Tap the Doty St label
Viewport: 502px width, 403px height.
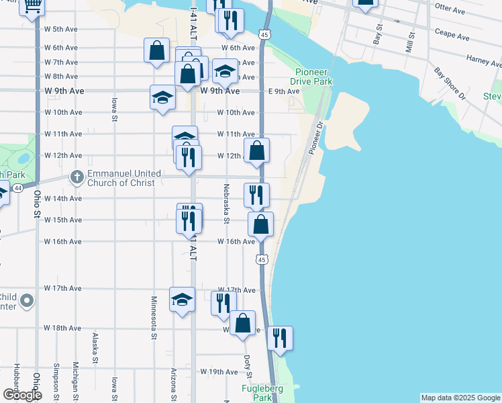(x=248, y=366)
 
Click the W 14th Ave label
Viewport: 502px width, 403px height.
(x=63, y=199)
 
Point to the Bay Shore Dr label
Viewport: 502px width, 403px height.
(x=450, y=83)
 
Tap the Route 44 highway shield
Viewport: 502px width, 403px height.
(x=17, y=187)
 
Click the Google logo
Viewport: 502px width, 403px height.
(x=21, y=394)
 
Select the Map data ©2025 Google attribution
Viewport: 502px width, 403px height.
(x=460, y=398)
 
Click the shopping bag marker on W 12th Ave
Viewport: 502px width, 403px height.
(x=257, y=150)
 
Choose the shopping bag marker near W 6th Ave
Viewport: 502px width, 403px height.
(x=156, y=50)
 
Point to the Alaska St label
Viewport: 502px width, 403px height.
(x=95, y=347)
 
